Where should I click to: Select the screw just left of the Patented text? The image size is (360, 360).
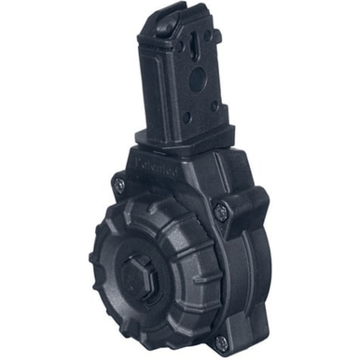(118, 185)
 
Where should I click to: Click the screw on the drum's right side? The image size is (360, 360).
(220, 212)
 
